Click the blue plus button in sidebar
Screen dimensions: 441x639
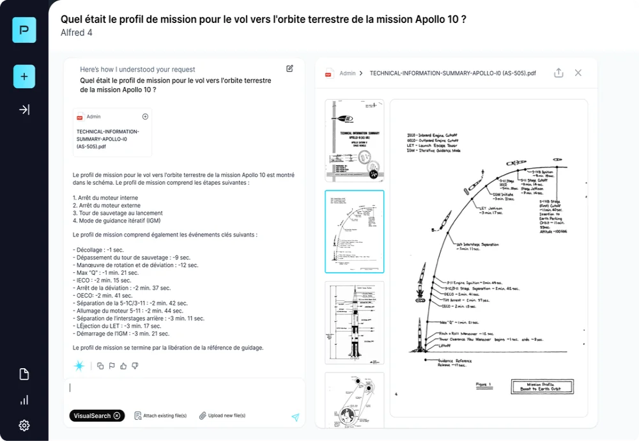[x=24, y=77]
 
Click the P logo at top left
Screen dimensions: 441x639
[x=24, y=30]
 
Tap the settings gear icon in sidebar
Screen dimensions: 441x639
[x=24, y=425]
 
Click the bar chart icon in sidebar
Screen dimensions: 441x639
[x=24, y=400]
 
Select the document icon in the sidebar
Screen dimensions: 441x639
[x=24, y=375]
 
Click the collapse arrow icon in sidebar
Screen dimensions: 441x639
[x=24, y=110]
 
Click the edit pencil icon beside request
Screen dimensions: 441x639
[x=289, y=69]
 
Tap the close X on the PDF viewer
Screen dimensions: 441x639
[x=578, y=73]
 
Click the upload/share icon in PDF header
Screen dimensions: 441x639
[x=558, y=73]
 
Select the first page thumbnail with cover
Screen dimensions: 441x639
[x=354, y=141]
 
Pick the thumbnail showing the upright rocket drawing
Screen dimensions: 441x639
[x=354, y=322]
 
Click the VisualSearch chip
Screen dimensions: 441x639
[x=96, y=415]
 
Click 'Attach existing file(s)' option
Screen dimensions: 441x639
[x=160, y=415]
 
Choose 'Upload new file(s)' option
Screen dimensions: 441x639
[x=222, y=415]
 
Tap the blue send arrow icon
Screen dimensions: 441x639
[x=295, y=417]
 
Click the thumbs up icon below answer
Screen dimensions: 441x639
[x=123, y=366]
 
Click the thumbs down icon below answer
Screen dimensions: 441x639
[x=135, y=366]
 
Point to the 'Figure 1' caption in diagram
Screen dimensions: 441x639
[x=485, y=385]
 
